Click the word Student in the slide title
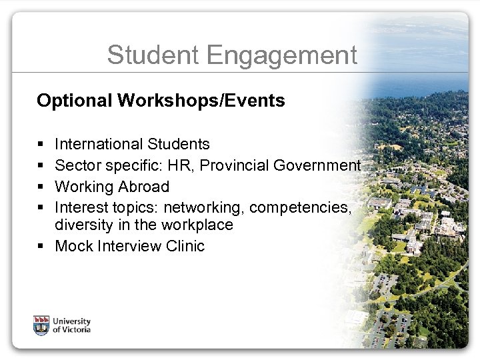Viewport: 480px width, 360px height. click(x=148, y=55)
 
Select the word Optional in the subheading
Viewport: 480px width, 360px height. click(x=75, y=101)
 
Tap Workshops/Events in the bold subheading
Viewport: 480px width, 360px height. click(x=201, y=101)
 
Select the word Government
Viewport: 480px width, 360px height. click(x=327, y=165)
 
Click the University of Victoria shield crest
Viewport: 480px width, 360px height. click(x=41, y=325)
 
